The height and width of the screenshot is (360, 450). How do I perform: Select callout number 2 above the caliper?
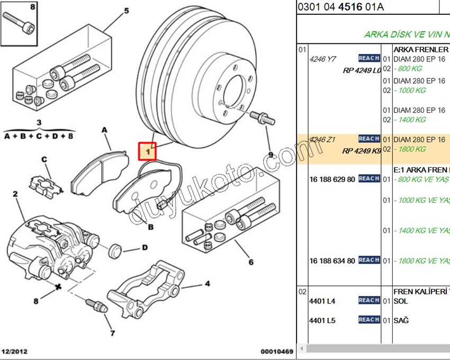tap(15, 194)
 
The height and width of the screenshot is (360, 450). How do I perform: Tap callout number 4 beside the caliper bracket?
tap(208, 284)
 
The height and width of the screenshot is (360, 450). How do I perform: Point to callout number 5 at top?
tap(126, 11)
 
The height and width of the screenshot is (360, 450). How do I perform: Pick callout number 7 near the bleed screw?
tap(112, 333)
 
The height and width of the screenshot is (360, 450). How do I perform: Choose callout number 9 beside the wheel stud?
tap(271, 155)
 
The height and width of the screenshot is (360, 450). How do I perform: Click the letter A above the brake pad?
tap(104, 130)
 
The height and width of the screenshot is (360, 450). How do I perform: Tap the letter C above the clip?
tap(44, 159)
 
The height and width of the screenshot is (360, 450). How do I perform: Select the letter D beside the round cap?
tap(144, 247)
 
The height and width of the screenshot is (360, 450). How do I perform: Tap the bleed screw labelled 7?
tap(96, 305)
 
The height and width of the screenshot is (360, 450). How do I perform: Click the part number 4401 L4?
tap(322, 301)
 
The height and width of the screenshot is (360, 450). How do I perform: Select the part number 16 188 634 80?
tap(332, 260)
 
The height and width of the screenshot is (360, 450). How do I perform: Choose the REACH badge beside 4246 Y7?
tap(369, 58)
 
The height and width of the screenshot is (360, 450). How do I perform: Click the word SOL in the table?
tap(401, 301)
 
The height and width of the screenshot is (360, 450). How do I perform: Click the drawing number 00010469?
tap(276, 352)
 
